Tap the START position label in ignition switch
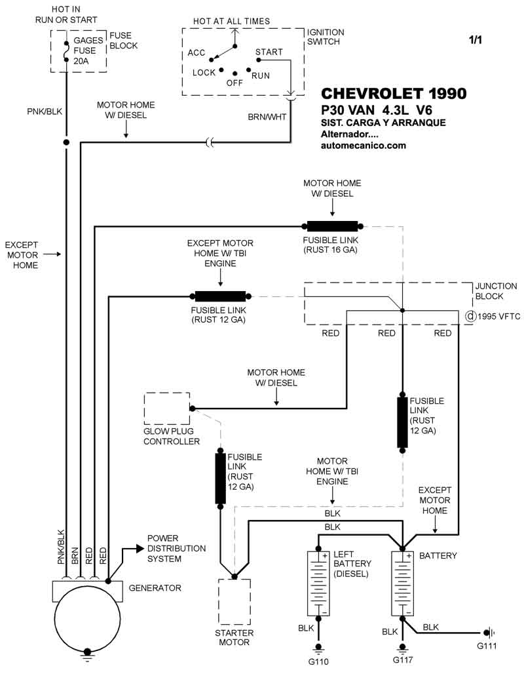pos(269,52)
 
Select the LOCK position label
pos(204,72)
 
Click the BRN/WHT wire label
pos(267,117)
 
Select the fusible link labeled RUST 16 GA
pos(332,226)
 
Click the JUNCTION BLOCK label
pos(496,291)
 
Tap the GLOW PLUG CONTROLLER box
pos(166,408)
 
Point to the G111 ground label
pos(487,646)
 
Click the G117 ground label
pos(403,660)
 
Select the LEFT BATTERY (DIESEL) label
pos(352,564)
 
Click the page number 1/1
pos(475,40)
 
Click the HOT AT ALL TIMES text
pos(231,21)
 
